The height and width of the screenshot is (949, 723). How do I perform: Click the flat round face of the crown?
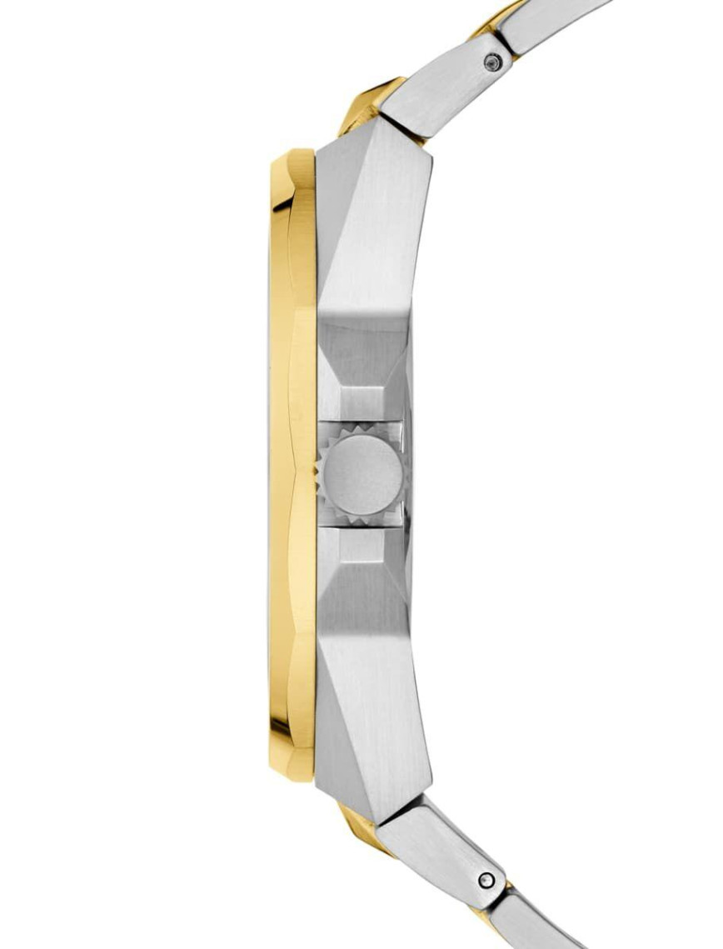[363, 475]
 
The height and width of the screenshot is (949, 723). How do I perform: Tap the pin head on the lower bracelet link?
[486, 878]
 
